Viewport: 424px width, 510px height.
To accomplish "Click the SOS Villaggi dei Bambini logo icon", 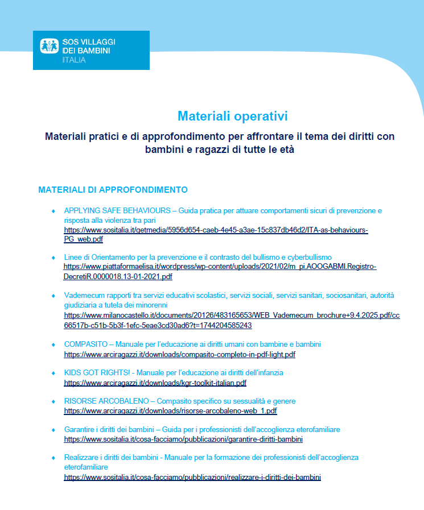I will [x=50, y=47].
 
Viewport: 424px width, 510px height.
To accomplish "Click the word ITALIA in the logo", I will [x=74, y=60].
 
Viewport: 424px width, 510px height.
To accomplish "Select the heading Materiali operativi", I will [x=232, y=116].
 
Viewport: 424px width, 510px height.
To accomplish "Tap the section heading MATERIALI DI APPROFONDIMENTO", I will [x=113, y=189].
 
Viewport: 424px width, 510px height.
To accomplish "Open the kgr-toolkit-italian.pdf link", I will [x=155, y=383].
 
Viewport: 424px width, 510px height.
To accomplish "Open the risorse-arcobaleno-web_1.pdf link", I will [x=170, y=411].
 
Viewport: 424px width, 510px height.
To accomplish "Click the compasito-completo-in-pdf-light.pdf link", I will [x=179, y=355].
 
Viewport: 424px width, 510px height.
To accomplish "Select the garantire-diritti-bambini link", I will [x=183, y=439].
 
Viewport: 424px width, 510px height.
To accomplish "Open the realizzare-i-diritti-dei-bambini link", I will [x=192, y=477].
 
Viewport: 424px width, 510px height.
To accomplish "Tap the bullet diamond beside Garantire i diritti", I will [x=53, y=430].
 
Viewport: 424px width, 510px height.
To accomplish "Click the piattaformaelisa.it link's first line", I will [x=220, y=267].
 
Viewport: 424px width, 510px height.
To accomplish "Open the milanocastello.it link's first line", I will [x=232, y=315].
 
